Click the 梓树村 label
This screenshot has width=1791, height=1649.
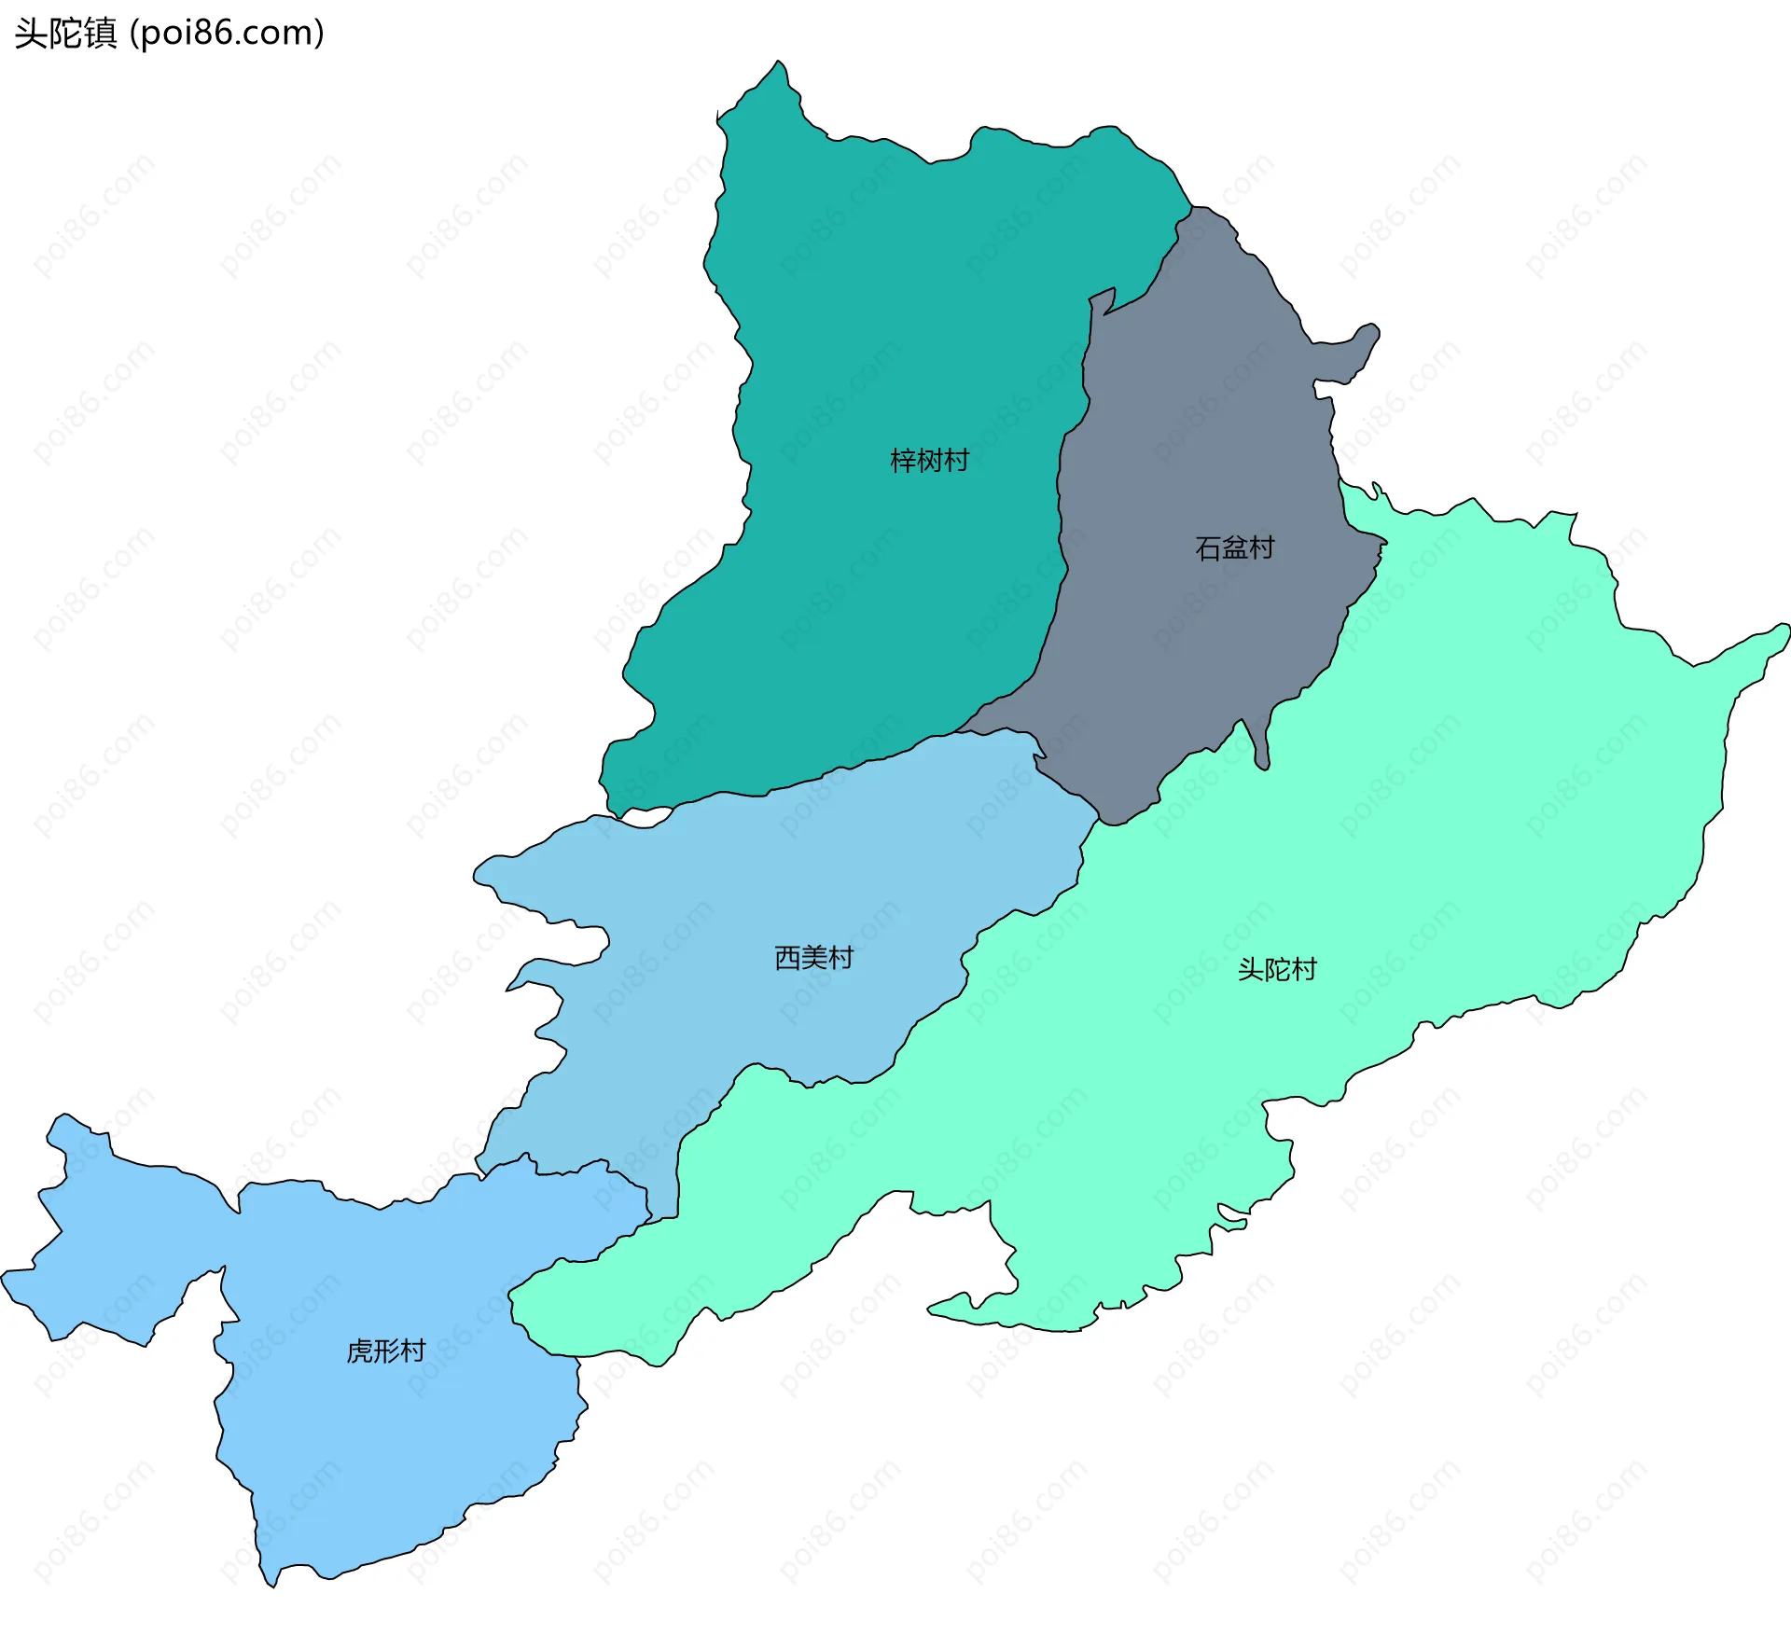click(x=929, y=461)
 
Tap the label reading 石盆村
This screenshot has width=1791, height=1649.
click(x=1234, y=547)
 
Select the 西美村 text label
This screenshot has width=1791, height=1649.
click(x=813, y=958)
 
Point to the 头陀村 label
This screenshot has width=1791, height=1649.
click(x=1276, y=970)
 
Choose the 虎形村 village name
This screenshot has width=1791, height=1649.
click(x=385, y=1351)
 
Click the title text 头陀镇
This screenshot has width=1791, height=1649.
click(x=65, y=34)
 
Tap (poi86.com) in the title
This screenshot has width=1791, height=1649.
click(x=227, y=34)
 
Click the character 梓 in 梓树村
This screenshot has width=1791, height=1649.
click(x=903, y=461)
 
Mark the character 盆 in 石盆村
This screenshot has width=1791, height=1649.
click(x=1234, y=547)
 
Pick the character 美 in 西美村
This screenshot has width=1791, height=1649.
click(x=813, y=958)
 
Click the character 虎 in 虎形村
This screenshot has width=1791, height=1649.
click(x=359, y=1351)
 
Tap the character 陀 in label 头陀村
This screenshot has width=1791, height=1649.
click(x=1276, y=970)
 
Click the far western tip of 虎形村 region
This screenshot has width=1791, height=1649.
click(x=5, y=1274)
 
